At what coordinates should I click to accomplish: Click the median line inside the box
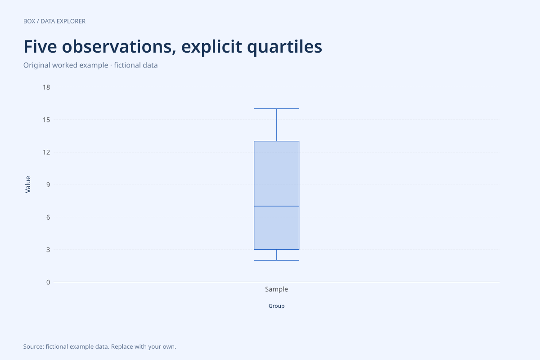pos(276,206)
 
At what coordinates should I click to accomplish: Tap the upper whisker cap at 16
pos(276,109)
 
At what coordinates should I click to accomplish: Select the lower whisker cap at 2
pos(276,261)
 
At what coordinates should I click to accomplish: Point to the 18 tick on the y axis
pos(46,87)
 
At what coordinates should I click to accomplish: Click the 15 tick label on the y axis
pos(46,120)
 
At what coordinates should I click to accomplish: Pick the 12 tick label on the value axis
pos(46,152)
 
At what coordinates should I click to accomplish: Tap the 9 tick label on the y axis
pos(48,184)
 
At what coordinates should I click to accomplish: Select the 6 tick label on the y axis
pos(48,217)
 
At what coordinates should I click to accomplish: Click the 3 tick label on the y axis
pos(48,250)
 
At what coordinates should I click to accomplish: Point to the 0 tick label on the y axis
pos(48,282)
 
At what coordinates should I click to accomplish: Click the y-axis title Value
pos(28,184)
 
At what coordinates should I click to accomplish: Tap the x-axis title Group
pos(276,306)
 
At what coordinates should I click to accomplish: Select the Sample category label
pos(276,289)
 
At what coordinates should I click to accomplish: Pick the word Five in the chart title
pos(40,46)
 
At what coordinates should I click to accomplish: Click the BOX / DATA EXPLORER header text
pos(54,21)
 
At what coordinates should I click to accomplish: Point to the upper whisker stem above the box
pos(276,125)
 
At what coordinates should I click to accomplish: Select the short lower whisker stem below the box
pos(276,255)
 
